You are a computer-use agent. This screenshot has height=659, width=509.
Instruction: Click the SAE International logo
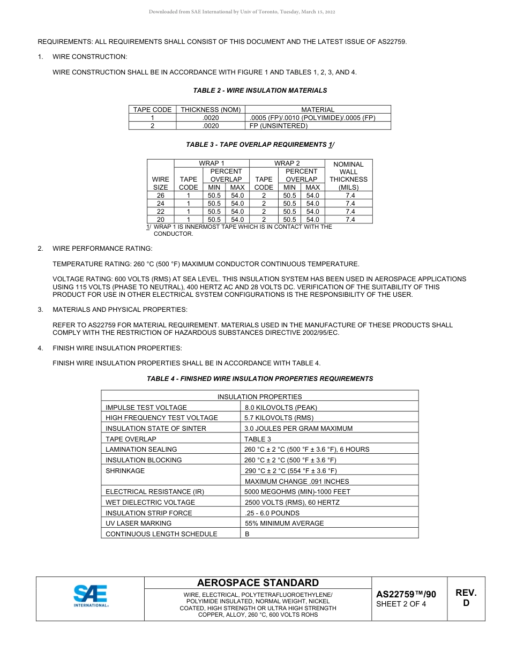point(91,596)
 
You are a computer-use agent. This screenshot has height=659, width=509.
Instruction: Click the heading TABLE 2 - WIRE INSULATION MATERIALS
point(260,91)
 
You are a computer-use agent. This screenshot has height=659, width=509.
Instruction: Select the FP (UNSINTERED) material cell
point(279,126)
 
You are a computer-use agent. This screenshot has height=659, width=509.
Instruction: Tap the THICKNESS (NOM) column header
point(211,110)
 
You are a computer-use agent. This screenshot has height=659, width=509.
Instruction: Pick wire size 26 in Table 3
point(160,196)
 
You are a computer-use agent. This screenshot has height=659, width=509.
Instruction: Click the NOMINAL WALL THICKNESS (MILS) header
point(349,176)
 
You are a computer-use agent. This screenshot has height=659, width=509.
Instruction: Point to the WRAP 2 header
point(287,163)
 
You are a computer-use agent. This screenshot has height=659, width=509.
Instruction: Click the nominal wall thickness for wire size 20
point(350,220)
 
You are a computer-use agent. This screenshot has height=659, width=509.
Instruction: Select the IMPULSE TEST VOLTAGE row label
point(146,408)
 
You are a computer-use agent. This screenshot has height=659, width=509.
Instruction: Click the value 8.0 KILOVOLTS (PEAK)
point(281,408)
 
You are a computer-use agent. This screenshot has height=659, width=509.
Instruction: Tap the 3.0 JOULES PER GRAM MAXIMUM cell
point(298,429)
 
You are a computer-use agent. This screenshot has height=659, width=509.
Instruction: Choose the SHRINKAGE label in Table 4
point(125,471)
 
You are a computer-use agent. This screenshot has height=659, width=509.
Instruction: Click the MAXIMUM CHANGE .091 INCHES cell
point(297,482)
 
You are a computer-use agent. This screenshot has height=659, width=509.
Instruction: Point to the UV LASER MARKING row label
point(138,523)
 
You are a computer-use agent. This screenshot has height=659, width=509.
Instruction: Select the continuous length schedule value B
point(247,534)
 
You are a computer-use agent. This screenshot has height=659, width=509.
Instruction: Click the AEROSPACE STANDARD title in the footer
point(258,583)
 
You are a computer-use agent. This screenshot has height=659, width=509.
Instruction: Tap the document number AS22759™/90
point(406,594)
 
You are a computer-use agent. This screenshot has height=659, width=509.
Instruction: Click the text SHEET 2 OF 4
point(401,604)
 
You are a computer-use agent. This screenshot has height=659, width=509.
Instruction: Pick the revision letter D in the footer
point(466,603)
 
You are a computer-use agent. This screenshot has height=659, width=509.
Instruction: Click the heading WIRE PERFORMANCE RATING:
point(102,249)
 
